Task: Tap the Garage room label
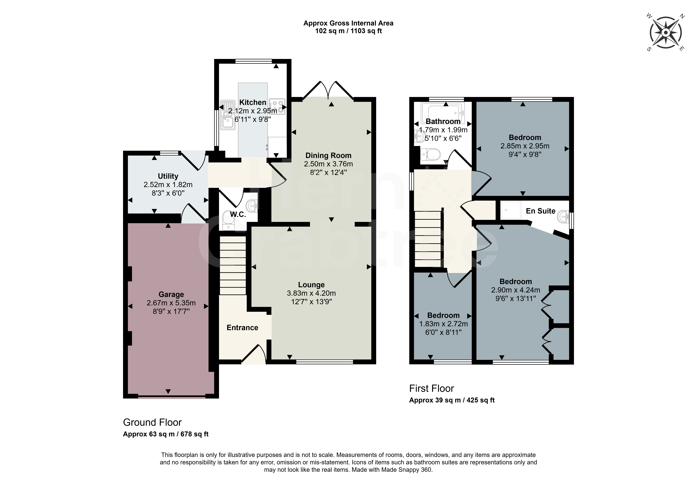click(x=171, y=295)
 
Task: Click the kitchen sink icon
click(x=227, y=115)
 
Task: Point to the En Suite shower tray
click(x=511, y=210)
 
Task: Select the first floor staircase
click(x=428, y=239)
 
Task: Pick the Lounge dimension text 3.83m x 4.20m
click(x=311, y=293)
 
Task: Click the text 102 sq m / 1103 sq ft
click(x=349, y=31)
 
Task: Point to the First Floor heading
click(x=431, y=388)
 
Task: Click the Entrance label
click(x=242, y=327)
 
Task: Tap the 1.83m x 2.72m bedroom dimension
click(x=443, y=324)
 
